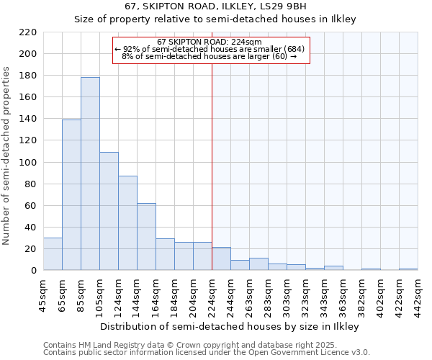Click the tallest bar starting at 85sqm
90,174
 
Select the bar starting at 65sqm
71,194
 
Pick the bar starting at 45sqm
53,254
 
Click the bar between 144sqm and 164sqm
146,237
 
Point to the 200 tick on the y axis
28,54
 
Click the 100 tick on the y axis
28,162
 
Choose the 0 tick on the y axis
34,271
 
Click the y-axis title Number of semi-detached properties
7,156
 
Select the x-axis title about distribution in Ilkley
229,326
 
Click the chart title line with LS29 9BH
216,6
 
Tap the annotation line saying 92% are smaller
210,49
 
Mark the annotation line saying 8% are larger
210,56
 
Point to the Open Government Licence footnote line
207,352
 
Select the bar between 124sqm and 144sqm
127,223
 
